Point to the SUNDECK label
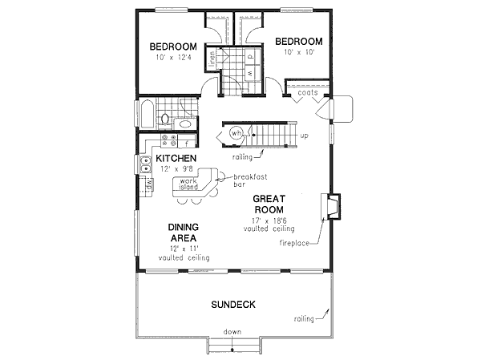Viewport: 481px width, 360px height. coord(232,305)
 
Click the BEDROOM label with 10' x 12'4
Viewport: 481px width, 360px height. coord(174,47)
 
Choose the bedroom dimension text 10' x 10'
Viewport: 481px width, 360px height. coord(298,52)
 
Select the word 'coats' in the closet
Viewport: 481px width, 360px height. coord(308,93)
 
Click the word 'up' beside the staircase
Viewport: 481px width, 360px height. coord(304,136)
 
